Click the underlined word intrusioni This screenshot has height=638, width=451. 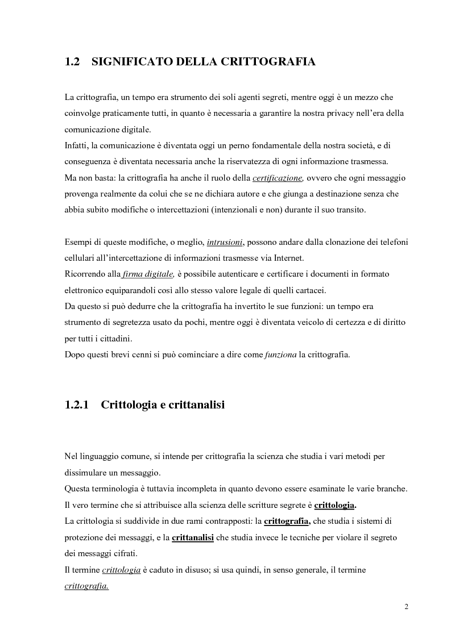click(x=226, y=242)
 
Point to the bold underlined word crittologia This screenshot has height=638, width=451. click(x=334, y=505)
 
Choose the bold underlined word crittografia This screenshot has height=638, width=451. click(x=287, y=521)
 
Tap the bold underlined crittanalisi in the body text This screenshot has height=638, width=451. click(x=192, y=537)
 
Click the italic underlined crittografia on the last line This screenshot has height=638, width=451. click(x=86, y=585)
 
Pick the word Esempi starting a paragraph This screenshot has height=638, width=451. click(x=78, y=242)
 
